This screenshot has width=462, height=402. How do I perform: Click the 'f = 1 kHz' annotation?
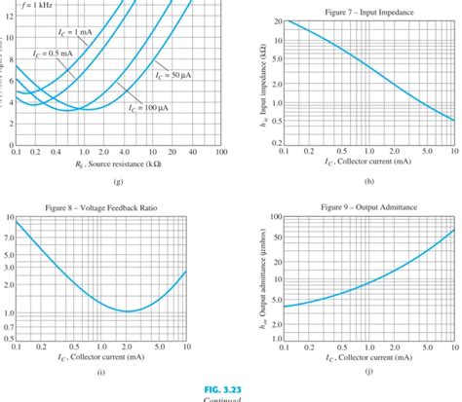tap(30, 5)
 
